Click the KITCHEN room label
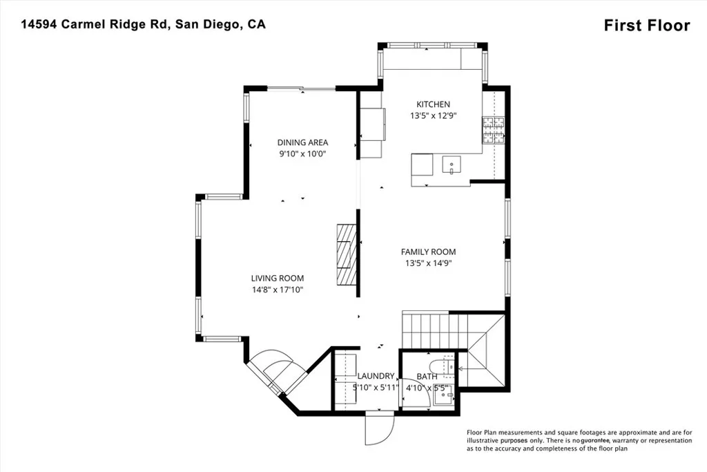coord(433,104)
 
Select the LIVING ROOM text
coord(277,279)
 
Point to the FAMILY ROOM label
coord(429,252)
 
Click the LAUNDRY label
coord(376,377)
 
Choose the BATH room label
coord(427,377)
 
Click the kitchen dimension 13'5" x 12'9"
coord(433,116)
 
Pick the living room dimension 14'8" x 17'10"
coord(277,290)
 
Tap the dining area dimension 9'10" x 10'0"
coord(302,154)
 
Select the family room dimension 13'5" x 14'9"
coord(429,263)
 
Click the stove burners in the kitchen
coord(494,130)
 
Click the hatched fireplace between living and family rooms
coord(347,254)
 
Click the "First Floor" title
coord(646,26)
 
